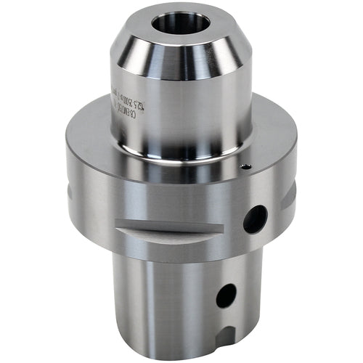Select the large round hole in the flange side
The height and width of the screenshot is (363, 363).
[255, 219]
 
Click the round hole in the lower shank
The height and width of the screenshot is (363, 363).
[226, 294]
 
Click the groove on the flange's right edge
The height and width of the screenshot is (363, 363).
[290, 192]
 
